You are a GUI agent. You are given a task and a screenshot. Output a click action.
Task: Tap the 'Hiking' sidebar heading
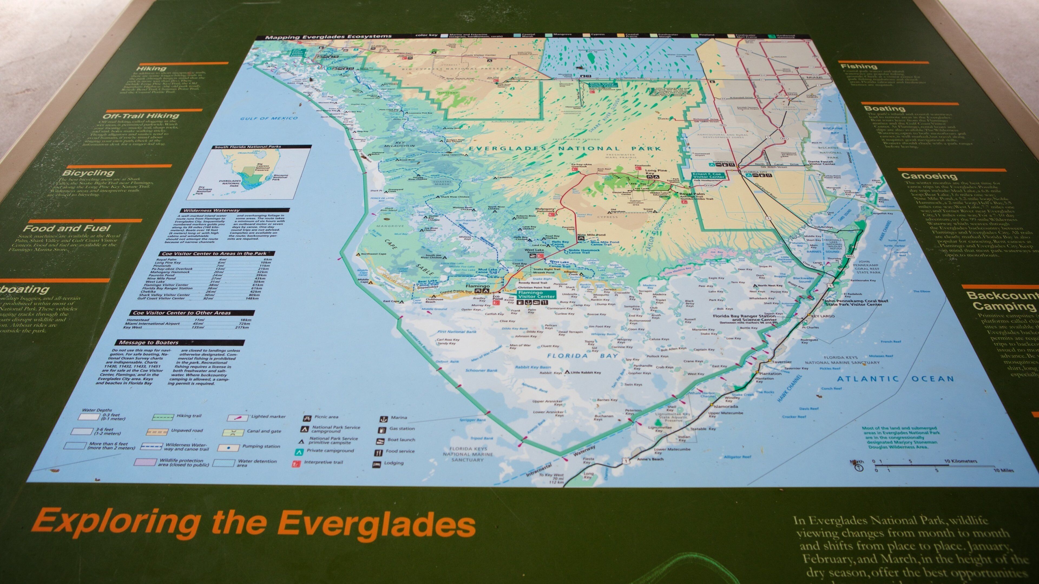151,68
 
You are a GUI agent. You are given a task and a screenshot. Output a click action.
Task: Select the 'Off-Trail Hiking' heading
140,116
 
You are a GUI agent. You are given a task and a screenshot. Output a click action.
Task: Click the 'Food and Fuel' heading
67,228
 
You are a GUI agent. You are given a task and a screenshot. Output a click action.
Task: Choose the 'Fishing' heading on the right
858,66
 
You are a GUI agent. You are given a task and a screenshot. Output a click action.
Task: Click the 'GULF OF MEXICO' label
269,118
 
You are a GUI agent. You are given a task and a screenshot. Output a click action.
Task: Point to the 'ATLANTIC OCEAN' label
895,379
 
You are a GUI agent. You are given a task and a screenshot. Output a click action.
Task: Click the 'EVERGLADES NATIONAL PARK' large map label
565,148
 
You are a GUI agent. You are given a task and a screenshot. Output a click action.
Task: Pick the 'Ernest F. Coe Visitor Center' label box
709,175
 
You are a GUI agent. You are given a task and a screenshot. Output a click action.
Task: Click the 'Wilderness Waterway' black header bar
234,210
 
